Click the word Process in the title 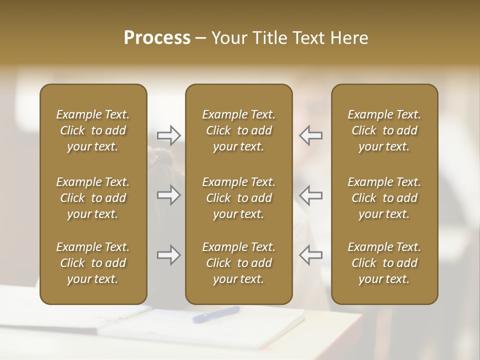pyautogui.click(x=157, y=38)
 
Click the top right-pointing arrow pyautogui.click(x=168, y=135)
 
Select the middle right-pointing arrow pyautogui.click(x=168, y=195)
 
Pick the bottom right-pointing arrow pyautogui.click(x=168, y=255)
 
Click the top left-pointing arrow pyautogui.click(x=311, y=135)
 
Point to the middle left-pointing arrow pyautogui.click(x=311, y=195)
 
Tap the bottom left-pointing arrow pyautogui.click(x=311, y=255)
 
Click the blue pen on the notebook pyautogui.click(x=216, y=314)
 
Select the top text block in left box pyautogui.click(x=93, y=130)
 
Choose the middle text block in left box pyautogui.click(x=93, y=198)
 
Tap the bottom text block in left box pyautogui.click(x=93, y=263)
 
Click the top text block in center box pyautogui.click(x=239, y=130)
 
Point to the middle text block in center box pyautogui.click(x=239, y=198)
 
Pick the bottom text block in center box pyautogui.click(x=239, y=263)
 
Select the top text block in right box pyautogui.click(x=384, y=130)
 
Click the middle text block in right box pyautogui.click(x=384, y=198)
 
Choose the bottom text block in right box pyautogui.click(x=384, y=263)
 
